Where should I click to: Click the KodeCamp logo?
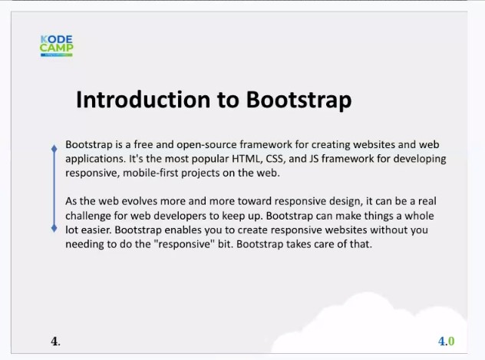click(x=57, y=46)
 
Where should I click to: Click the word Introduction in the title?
click(x=144, y=100)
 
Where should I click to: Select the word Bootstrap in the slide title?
click(x=299, y=101)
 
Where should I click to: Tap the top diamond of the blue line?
click(x=54, y=149)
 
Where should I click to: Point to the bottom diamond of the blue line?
click(x=54, y=228)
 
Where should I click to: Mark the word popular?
click(x=210, y=160)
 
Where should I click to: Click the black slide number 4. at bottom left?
click(x=56, y=342)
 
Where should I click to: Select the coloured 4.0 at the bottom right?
click(x=447, y=341)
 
